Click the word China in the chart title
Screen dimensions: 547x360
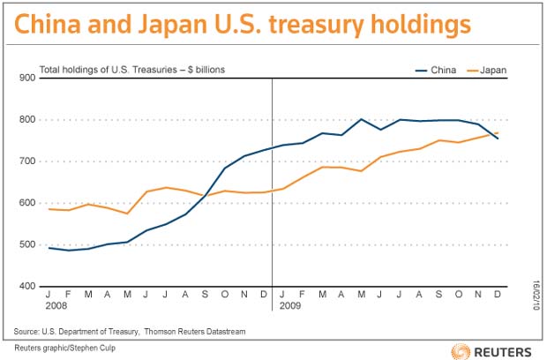[x=48, y=24]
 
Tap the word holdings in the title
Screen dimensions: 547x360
[x=421, y=26]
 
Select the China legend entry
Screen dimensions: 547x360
[x=436, y=70]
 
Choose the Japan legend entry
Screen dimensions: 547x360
[x=487, y=70]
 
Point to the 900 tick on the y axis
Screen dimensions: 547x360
[x=27, y=78]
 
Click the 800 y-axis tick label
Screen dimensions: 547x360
[x=27, y=119]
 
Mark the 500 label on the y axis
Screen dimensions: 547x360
[x=27, y=244]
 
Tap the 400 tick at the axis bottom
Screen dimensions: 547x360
[x=27, y=286]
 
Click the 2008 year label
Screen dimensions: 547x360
[x=56, y=305]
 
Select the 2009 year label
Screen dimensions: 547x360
[x=290, y=305]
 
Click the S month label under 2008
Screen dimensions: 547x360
[x=205, y=295]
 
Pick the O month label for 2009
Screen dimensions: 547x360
[x=459, y=295]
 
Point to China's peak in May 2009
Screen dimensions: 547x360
[x=361, y=119]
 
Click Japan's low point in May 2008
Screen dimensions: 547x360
[x=128, y=214]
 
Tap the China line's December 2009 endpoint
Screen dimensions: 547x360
[x=498, y=139]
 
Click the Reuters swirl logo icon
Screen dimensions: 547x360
[x=461, y=351]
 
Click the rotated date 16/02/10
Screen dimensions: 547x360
[x=536, y=295]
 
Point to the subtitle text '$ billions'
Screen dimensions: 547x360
[x=206, y=70]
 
